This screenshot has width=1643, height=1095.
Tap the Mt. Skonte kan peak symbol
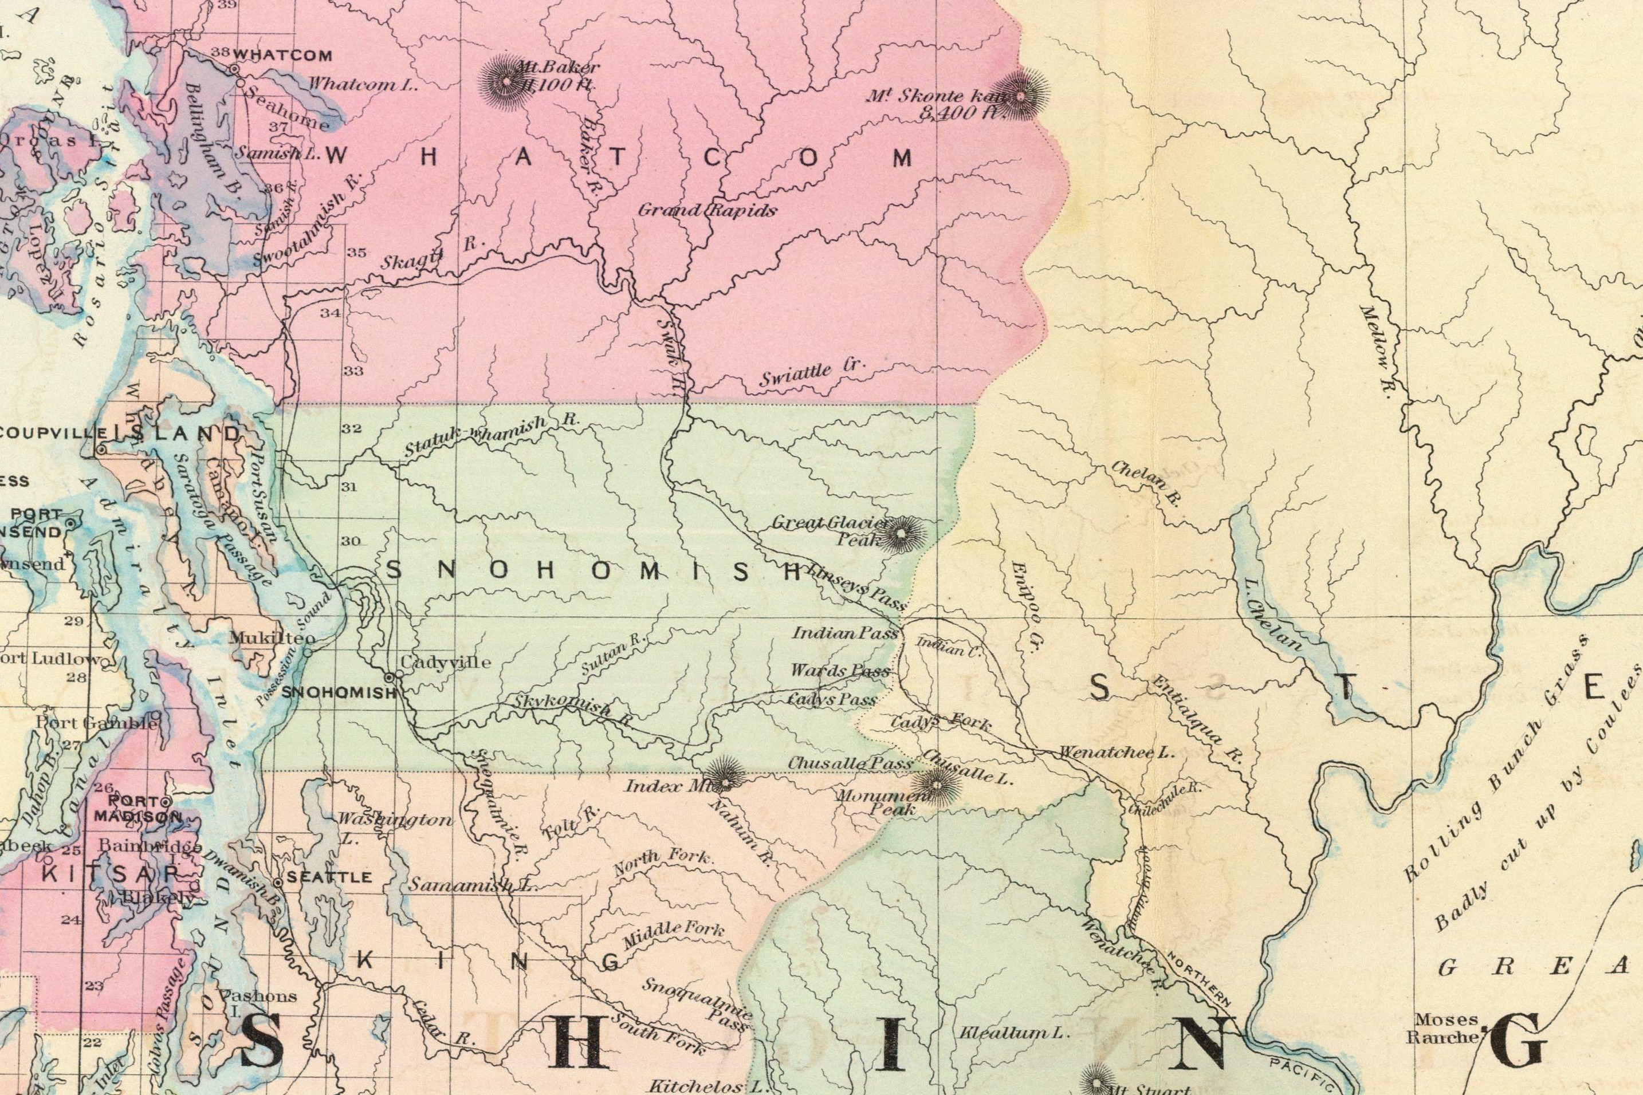(x=1021, y=95)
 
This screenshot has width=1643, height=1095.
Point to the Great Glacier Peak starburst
(x=901, y=534)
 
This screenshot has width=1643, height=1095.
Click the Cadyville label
(x=445, y=661)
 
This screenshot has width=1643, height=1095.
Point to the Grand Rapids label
(x=706, y=210)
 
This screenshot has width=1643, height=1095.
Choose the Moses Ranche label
(x=1442, y=1029)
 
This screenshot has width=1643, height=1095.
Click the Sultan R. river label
(x=615, y=652)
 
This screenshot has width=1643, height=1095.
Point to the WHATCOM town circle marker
(x=235, y=69)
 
